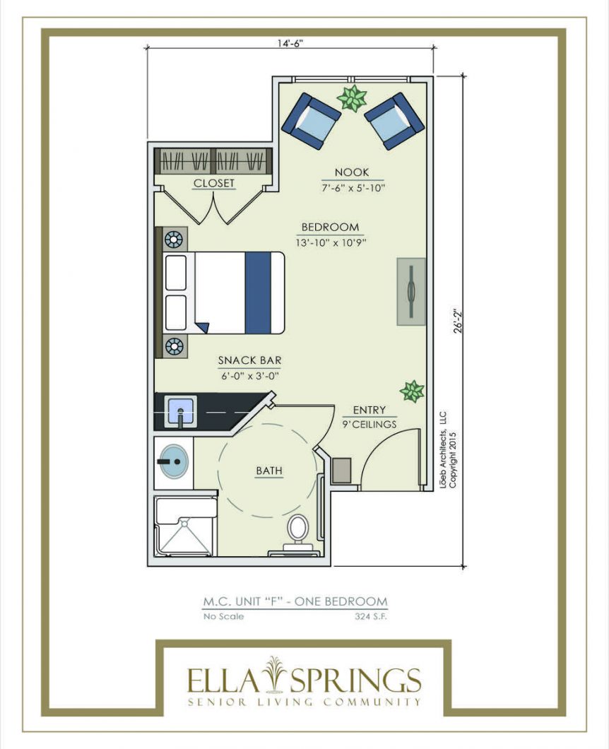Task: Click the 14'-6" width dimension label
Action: tap(290, 43)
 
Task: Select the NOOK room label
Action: tap(352, 172)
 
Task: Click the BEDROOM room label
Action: tap(330, 227)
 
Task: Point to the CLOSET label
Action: tap(214, 183)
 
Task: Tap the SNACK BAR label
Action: tap(250, 360)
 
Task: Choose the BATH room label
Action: tap(269, 471)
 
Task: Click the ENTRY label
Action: tap(369, 410)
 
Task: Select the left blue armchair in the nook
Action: tap(312, 120)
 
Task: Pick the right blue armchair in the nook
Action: tap(394, 120)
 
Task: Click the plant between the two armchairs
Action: tap(353, 98)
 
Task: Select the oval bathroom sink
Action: tap(173, 461)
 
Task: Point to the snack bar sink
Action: tap(180, 411)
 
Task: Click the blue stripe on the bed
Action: tap(258, 293)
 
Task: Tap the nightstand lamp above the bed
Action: tap(173, 239)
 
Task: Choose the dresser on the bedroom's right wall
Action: tap(411, 292)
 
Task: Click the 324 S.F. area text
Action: tap(371, 616)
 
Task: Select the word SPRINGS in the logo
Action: tap(355, 680)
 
